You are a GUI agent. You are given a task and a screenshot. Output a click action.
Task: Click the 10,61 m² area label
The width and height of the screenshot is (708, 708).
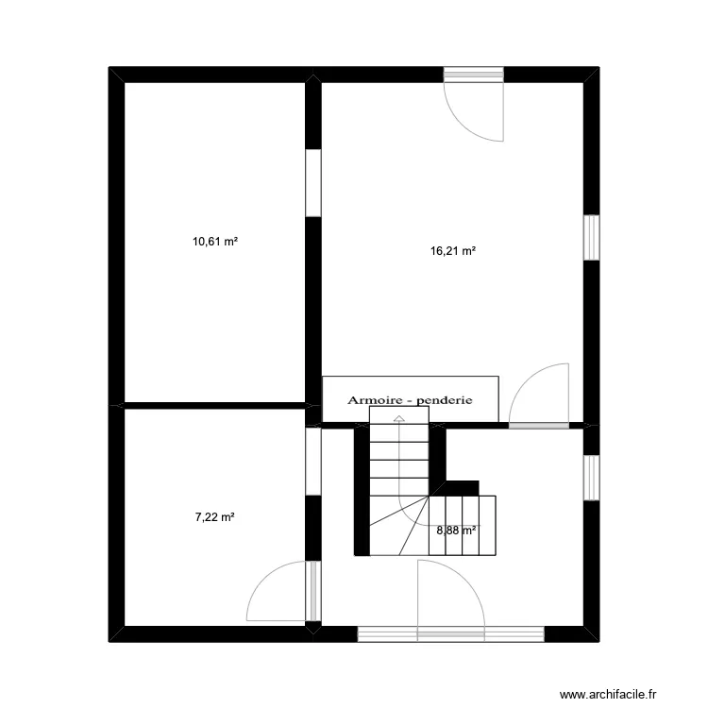214,242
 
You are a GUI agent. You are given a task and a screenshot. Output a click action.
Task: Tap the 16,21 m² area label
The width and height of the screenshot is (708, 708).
452,251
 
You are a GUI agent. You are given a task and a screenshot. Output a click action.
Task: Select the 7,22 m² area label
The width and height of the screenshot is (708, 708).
214,517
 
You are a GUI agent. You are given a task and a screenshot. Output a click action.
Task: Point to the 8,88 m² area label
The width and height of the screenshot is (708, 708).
456,530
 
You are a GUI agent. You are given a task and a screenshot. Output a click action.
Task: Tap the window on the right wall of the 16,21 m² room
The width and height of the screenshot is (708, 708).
591,237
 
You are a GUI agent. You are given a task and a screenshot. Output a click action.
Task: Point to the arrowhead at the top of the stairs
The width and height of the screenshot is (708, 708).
399,417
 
